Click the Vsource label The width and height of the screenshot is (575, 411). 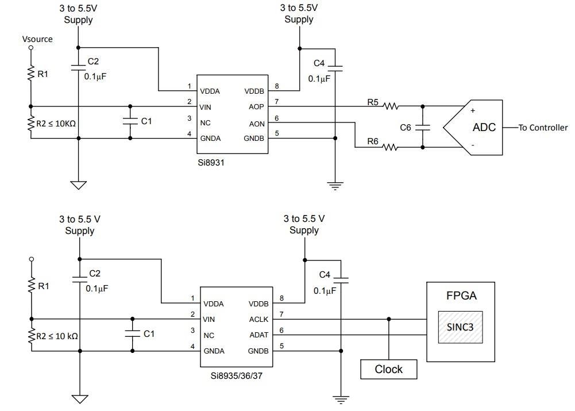coord(37,39)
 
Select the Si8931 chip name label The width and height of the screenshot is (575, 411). coord(211,163)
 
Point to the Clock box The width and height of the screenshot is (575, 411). coord(389,369)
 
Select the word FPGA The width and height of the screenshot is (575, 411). coord(461,297)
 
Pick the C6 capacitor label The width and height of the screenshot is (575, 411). coord(406,128)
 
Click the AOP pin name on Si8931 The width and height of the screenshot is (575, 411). coord(256,106)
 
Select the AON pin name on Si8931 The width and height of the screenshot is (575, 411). coord(256,122)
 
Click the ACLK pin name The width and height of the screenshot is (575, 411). coord(257,319)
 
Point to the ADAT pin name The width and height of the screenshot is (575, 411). coord(257,335)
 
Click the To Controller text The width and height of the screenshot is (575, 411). coord(543,128)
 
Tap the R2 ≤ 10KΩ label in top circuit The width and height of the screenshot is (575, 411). coord(56,122)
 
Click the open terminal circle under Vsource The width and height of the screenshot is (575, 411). coord(31,48)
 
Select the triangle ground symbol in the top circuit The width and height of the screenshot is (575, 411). coord(78,185)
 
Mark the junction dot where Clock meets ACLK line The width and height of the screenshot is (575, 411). coord(389,319)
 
